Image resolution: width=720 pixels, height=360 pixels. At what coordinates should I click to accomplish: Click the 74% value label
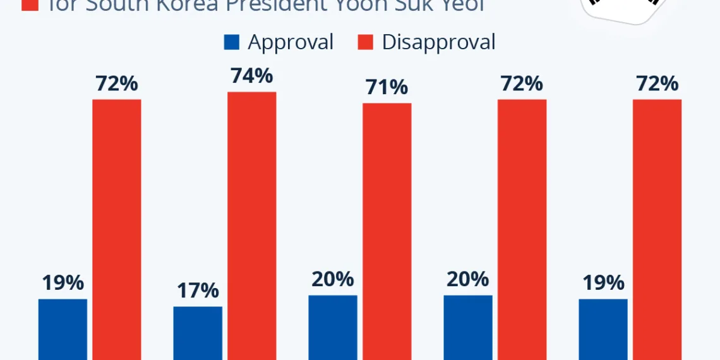click(x=251, y=76)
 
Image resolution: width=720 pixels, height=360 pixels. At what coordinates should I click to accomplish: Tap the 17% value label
click(x=198, y=291)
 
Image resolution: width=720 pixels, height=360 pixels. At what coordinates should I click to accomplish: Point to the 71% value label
click(x=387, y=88)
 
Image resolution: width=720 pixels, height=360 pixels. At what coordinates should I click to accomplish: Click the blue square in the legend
click(x=232, y=42)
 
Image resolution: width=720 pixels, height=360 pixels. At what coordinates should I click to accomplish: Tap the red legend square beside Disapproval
click(x=366, y=42)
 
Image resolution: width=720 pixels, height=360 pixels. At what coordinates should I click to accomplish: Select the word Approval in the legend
click(x=291, y=42)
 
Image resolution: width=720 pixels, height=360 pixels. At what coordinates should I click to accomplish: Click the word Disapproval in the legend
click(x=438, y=42)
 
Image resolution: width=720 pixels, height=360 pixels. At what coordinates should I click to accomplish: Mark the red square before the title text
click(x=29, y=4)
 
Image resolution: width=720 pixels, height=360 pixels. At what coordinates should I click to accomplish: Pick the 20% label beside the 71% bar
click(x=333, y=279)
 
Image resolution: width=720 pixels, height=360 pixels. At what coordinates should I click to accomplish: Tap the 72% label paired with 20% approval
click(x=522, y=84)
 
